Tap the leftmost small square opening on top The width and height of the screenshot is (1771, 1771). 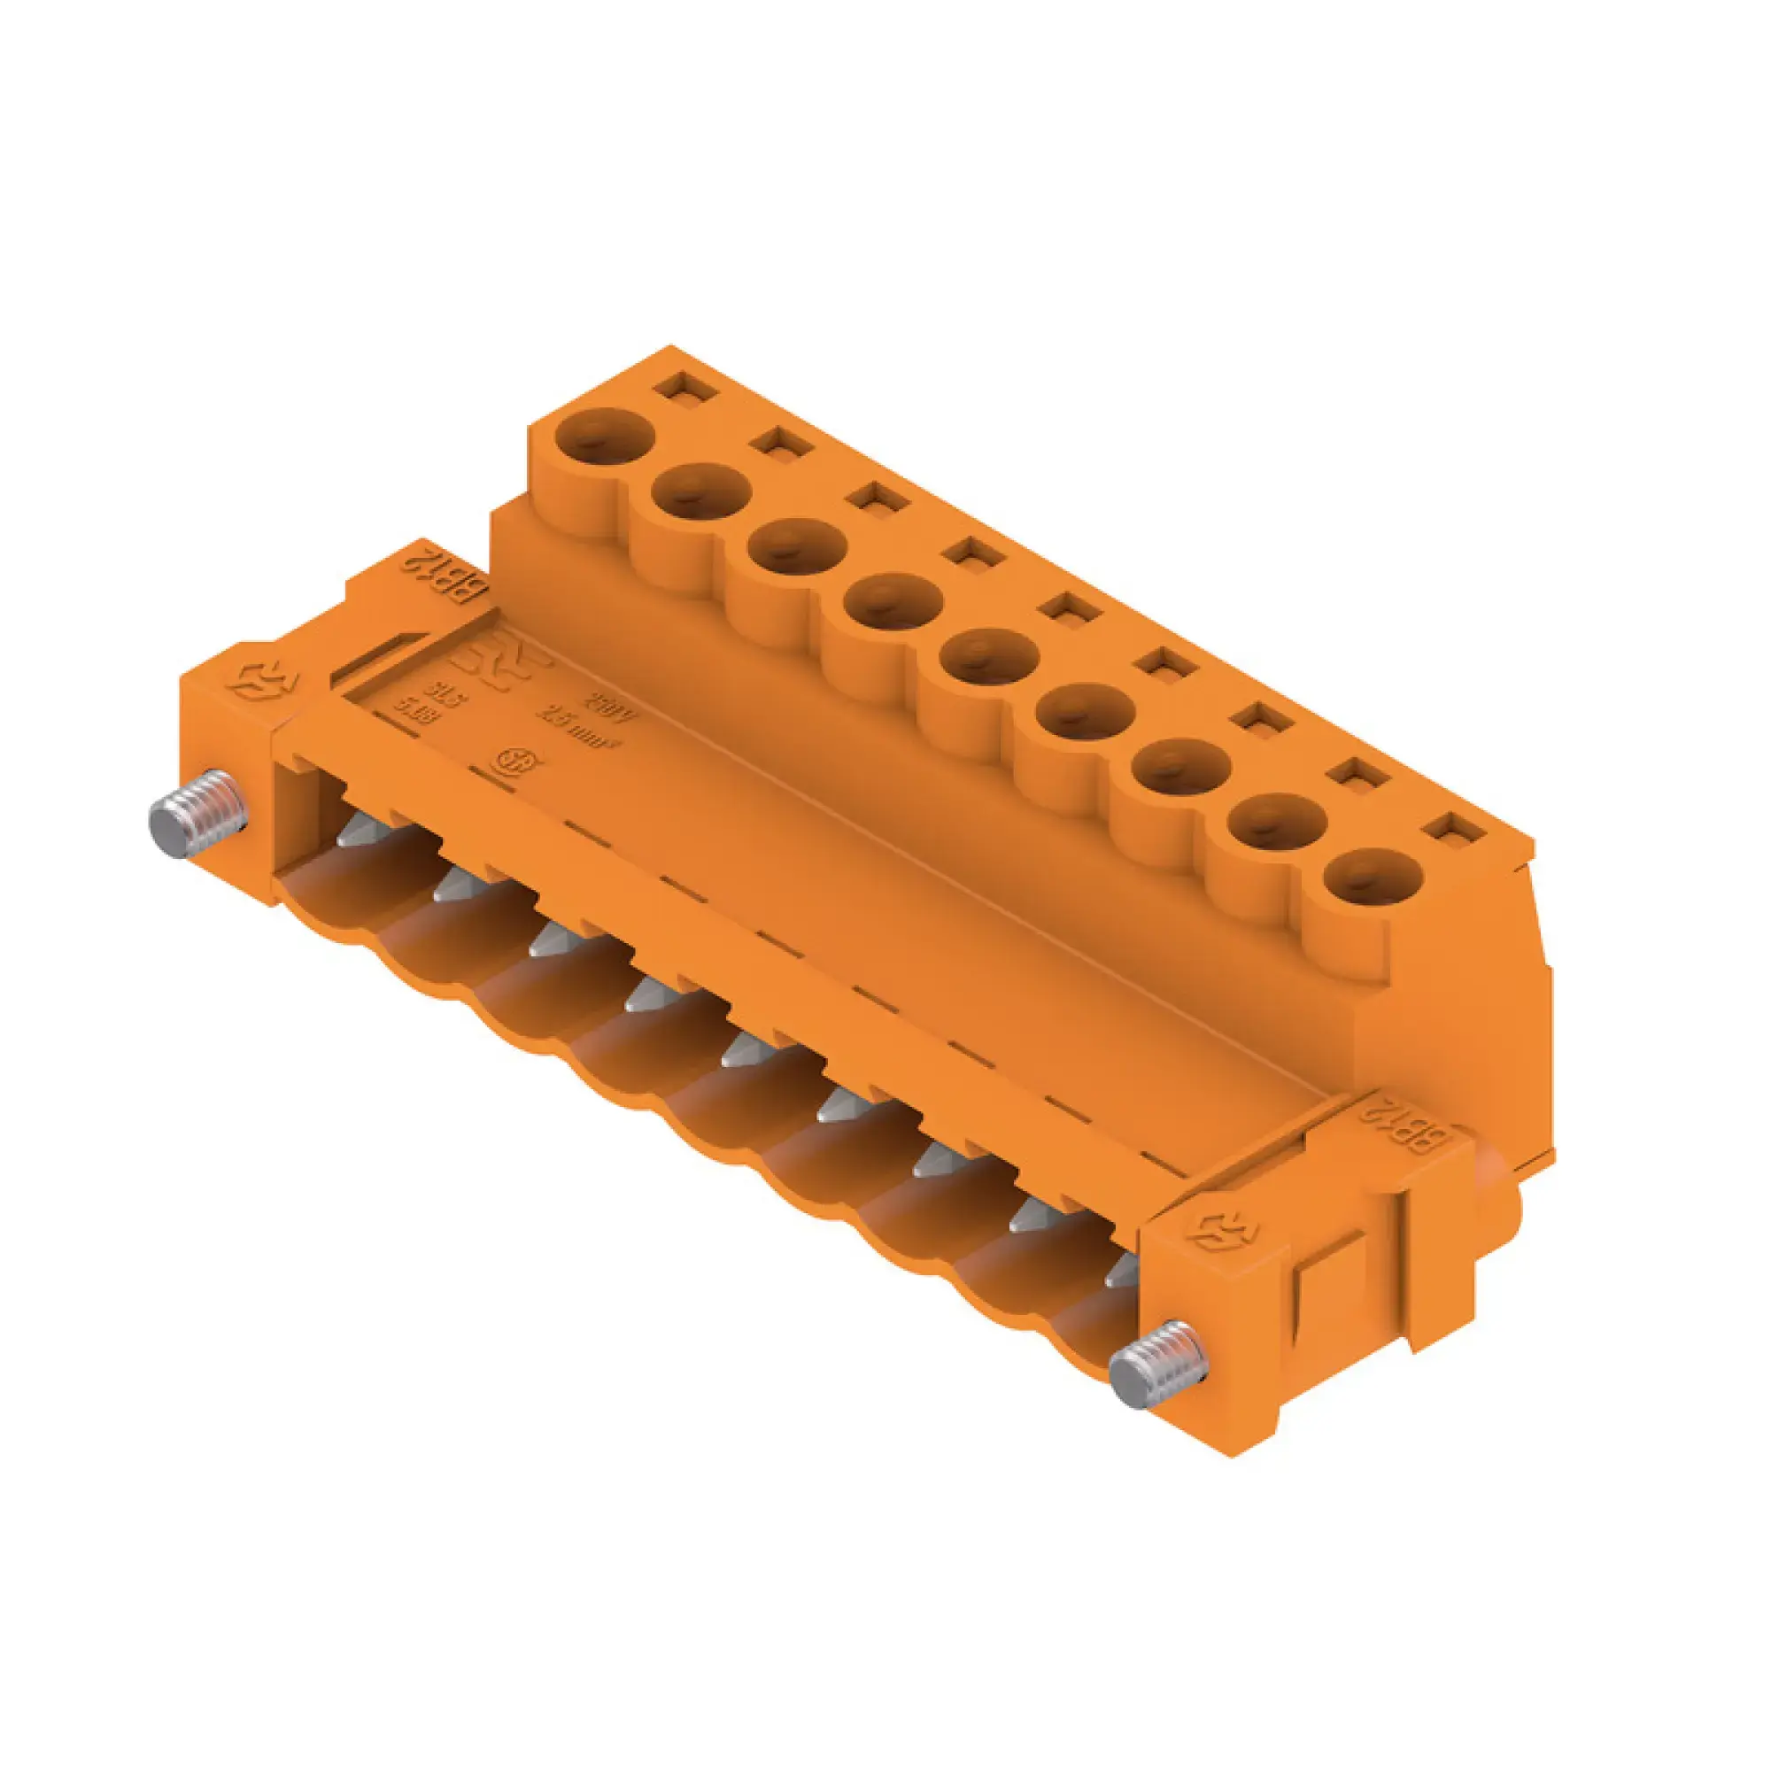[x=685, y=385]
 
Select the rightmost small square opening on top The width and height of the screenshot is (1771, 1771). [x=1455, y=829]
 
